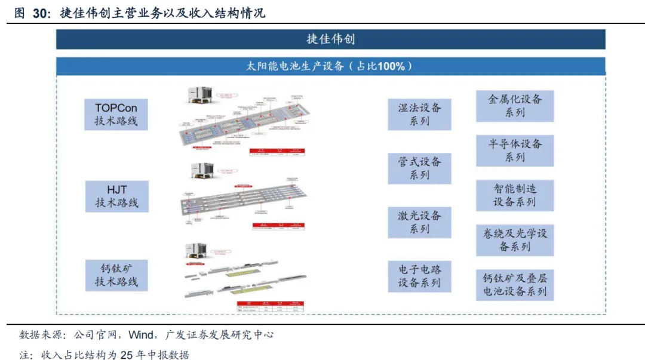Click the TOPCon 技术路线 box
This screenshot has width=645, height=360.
pos(116,115)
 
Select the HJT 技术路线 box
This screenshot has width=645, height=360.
pos(116,196)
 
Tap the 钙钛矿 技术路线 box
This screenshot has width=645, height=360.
pos(116,275)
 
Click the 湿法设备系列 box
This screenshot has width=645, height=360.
pos(419,115)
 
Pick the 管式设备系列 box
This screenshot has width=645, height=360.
pos(419,168)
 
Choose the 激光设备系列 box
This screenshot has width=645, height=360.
pos(419,222)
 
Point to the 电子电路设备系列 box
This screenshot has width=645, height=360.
pos(419,276)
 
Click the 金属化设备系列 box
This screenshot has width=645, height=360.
pos(514,106)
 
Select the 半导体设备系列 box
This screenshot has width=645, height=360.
pos(514,150)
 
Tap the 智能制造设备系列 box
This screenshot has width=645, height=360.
pos(514,195)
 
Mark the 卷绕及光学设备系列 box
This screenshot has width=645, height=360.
pos(514,239)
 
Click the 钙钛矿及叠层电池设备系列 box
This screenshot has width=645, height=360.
pos(514,284)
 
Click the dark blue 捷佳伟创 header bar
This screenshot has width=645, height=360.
pos(330,39)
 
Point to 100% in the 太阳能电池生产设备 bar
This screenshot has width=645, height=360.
pos(391,66)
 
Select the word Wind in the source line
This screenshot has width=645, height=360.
pos(141,334)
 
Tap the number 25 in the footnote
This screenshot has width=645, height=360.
pos(127,355)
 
